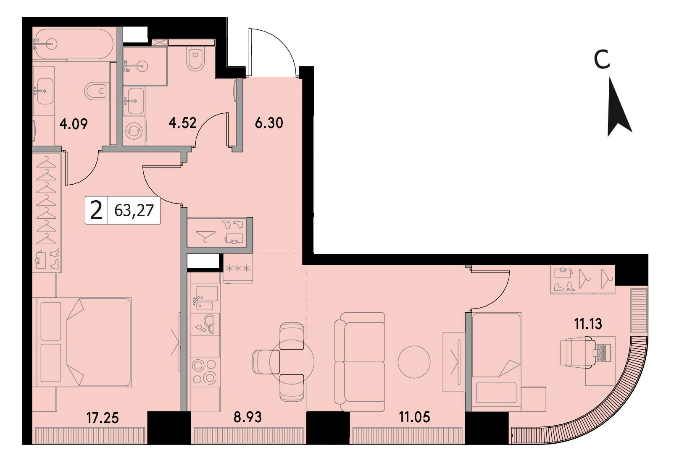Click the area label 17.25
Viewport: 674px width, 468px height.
tap(103, 418)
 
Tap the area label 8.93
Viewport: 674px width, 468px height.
tap(247, 417)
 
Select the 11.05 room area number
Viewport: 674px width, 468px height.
tap(414, 417)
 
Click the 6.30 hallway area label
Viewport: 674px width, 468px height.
tap(269, 123)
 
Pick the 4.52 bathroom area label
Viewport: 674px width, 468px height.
tap(182, 123)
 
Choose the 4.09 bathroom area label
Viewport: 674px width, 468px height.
tap(74, 124)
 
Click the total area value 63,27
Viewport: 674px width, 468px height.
tap(134, 211)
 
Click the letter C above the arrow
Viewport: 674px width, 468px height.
tap(602, 60)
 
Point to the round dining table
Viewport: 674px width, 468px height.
tap(292, 362)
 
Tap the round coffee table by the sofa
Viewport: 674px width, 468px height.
tap(414, 362)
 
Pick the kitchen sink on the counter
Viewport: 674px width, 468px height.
tap(205, 298)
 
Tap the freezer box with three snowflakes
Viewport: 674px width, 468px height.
tap(238, 268)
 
